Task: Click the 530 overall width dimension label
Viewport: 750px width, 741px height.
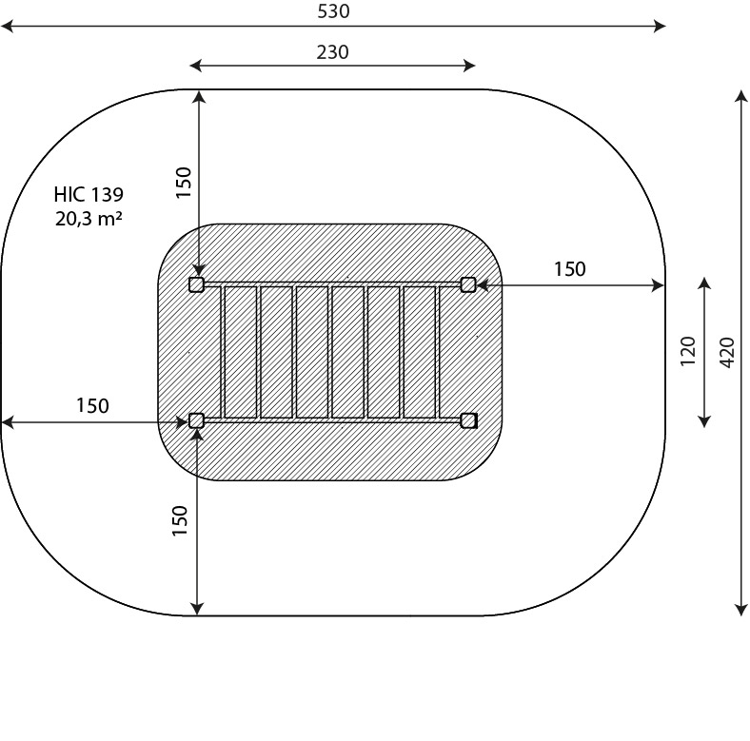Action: coord(333,11)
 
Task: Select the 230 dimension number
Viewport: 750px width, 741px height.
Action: coord(332,52)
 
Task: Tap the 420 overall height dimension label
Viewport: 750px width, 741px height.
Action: coord(727,352)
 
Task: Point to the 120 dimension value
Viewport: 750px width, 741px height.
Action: coord(688,351)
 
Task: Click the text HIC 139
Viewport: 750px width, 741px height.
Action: coord(89,195)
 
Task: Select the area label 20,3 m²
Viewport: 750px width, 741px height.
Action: coord(89,219)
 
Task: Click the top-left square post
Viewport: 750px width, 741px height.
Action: coord(197,285)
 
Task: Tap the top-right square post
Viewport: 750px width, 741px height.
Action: coord(468,285)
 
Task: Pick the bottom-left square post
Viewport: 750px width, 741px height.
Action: coord(197,420)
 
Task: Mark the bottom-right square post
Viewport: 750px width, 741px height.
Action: coord(468,420)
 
